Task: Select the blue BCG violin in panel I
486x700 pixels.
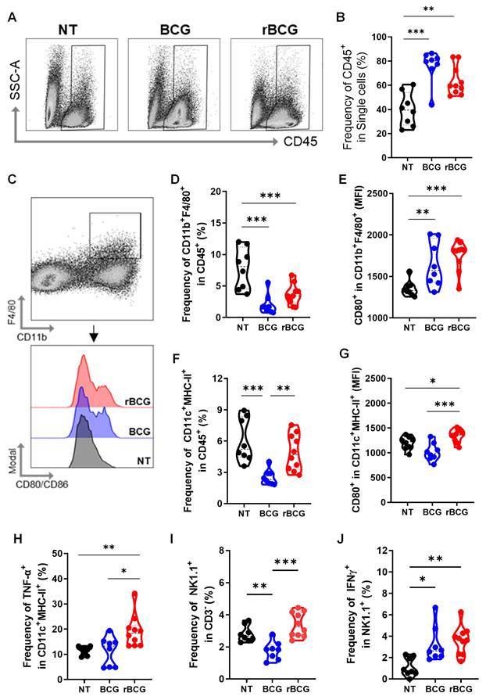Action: (271, 648)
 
